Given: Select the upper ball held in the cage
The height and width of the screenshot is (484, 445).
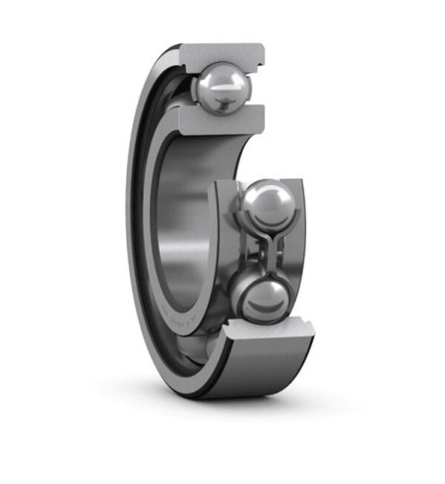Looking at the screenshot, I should pos(264,208).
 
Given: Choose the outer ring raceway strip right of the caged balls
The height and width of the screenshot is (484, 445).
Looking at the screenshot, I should pos(301,251).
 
